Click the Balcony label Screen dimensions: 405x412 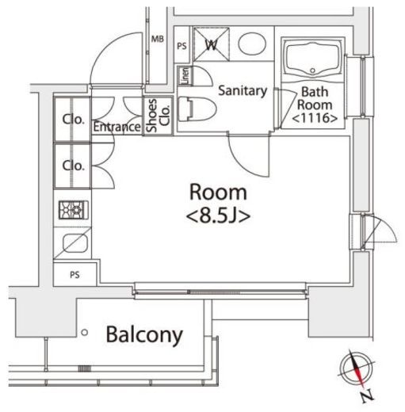tap(144, 335)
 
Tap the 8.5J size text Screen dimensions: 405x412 tap(218, 216)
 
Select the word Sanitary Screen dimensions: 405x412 tap(243, 91)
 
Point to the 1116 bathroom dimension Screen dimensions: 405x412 tap(315, 118)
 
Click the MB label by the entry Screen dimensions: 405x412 tap(158, 39)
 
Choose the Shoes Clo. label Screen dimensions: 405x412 tap(158, 116)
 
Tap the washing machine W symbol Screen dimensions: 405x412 tap(212, 44)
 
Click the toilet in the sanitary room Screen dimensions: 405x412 tap(197, 109)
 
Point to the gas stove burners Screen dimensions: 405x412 tap(74, 210)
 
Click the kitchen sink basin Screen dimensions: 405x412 tap(75, 243)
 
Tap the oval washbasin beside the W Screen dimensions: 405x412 tap(252, 44)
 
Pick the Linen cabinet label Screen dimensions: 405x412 tap(185, 76)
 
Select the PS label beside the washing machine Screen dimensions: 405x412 tap(181, 47)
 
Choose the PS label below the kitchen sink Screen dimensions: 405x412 tap(75, 275)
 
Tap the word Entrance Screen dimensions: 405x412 tap(117, 127)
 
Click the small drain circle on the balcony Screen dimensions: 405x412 tap(85, 333)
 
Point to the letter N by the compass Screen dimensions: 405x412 tap(368, 396)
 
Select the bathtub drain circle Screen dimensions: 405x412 tap(313, 71)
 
